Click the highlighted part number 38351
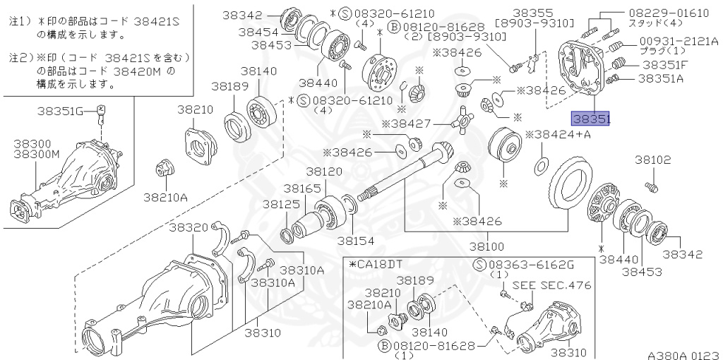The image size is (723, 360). tap(591, 119)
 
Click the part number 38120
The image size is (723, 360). tap(324, 172)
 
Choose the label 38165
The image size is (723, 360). tap(301, 189)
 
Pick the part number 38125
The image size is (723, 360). tap(281, 203)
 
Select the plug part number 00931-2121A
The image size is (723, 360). tap(678, 42)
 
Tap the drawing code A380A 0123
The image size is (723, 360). tap(683, 356)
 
